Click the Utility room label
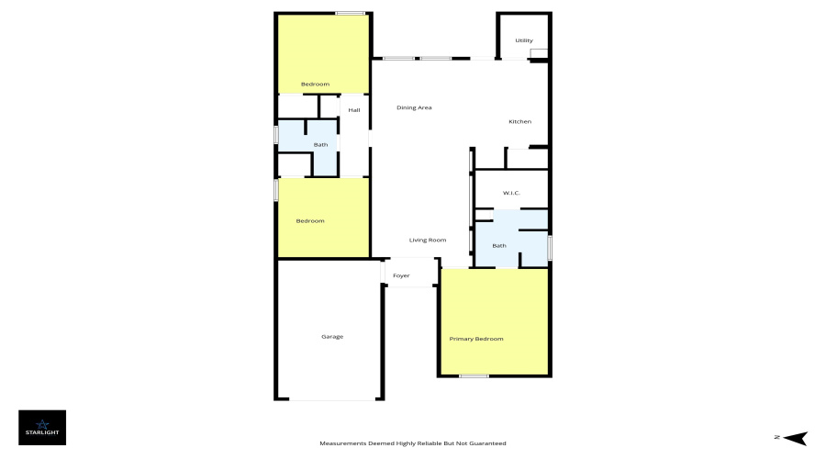point(524,40)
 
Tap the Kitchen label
point(520,121)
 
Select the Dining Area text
point(414,107)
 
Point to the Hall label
point(354,110)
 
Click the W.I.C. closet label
point(511,193)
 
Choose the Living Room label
point(428,240)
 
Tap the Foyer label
point(401,275)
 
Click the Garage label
point(332,337)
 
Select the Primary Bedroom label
point(476,339)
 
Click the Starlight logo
point(42,427)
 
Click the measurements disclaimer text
point(413,443)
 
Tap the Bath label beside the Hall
point(321,144)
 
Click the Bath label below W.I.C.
point(499,245)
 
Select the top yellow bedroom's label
point(316,84)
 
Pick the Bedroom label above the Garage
point(310,220)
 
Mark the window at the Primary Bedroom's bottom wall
point(474,375)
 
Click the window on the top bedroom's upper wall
point(350,13)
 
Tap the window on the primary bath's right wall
point(549,248)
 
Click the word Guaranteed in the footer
point(487,443)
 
